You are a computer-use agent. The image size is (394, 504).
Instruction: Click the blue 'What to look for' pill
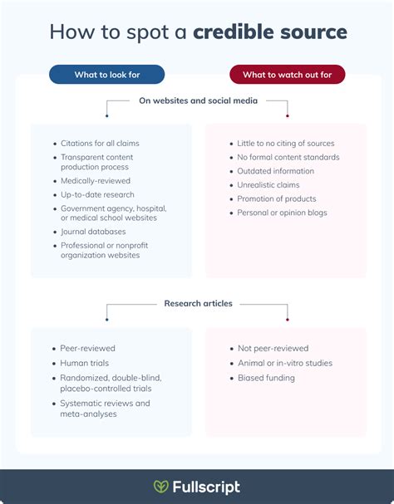coord(107,75)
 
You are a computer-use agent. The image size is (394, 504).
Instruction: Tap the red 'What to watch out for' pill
coord(287,75)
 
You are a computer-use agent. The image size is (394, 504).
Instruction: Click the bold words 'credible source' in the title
coord(270,32)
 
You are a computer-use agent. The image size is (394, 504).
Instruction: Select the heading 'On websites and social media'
coord(199,100)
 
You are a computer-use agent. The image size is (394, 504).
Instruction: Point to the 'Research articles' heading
coord(199,303)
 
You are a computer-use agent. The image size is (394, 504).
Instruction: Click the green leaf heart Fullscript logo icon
coord(161,487)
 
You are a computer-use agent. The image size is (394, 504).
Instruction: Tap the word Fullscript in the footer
coord(206,487)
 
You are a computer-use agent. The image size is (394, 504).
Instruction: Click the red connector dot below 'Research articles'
coord(288,320)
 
